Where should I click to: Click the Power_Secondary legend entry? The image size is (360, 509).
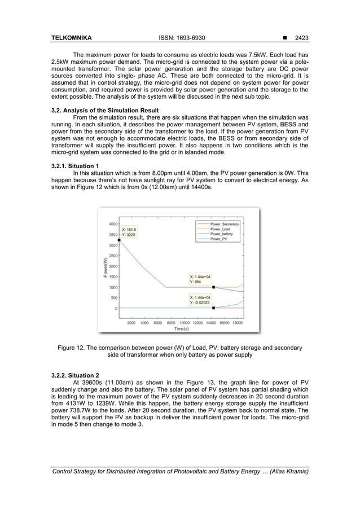coord(224,224)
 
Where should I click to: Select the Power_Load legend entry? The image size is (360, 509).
coord(220,229)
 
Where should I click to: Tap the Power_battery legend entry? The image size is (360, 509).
coord(222,234)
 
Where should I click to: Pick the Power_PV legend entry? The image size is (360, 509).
coord(218,239)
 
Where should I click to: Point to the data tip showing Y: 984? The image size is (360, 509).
coord(200,279)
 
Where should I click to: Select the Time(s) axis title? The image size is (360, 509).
coord(181,328)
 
